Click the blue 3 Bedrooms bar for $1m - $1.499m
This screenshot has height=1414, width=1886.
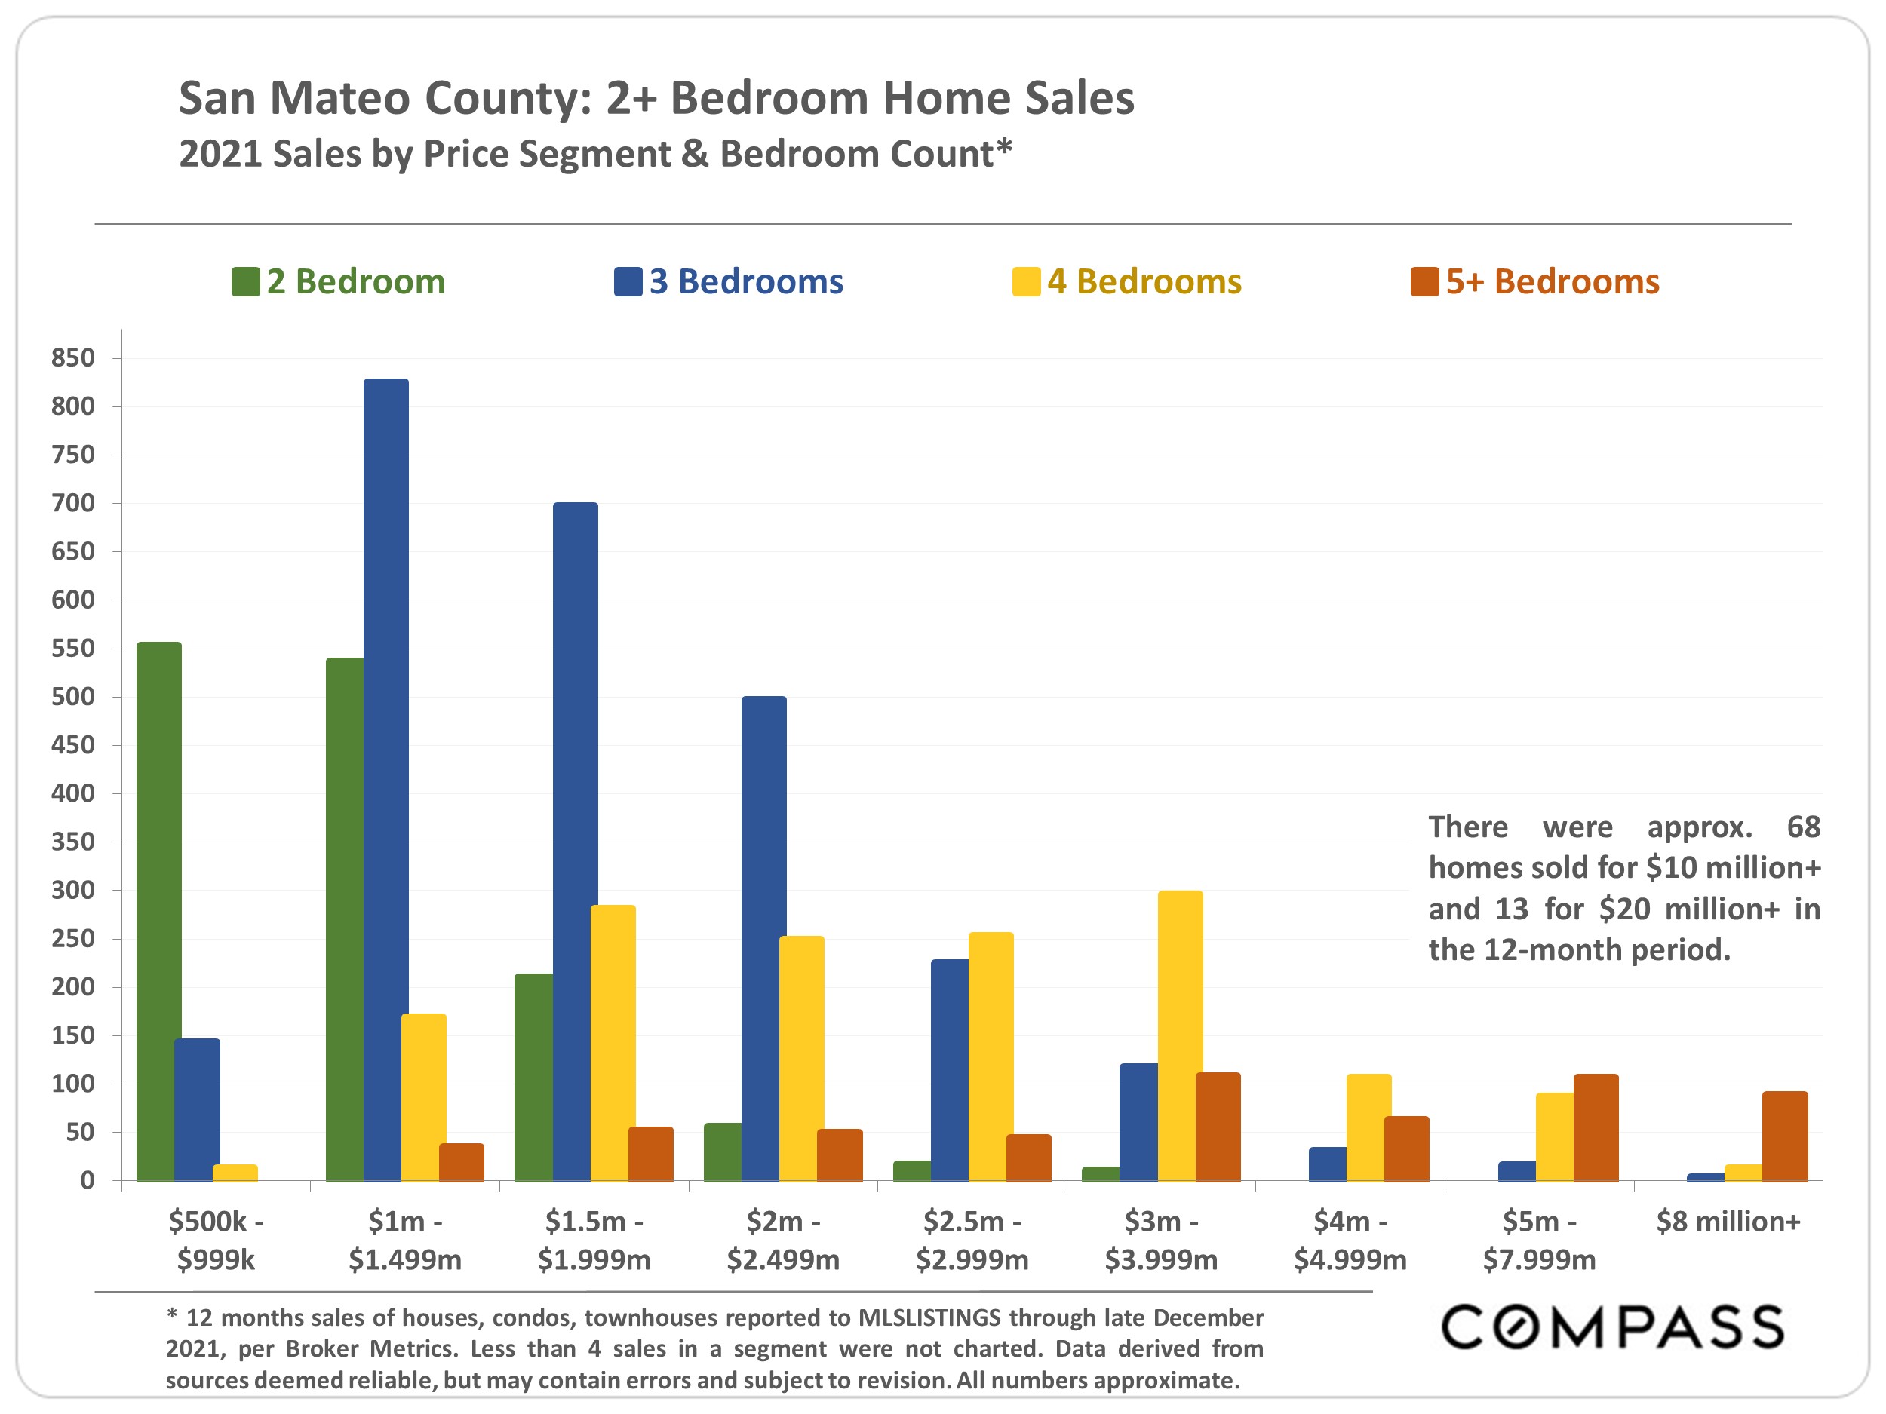click(x=385, y=780)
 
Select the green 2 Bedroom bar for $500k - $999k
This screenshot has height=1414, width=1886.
click(x=158, y=911)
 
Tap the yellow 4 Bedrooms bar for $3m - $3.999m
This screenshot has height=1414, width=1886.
click(x=1180, y=1035)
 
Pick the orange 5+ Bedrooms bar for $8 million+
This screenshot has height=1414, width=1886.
click(x=1785, y=1136)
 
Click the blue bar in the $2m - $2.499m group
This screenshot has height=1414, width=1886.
click(x=764, y=938)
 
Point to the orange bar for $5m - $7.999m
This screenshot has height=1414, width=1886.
click(x=1596, y=1127)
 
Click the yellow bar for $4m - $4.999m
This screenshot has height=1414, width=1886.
click(x=1368, y=1127)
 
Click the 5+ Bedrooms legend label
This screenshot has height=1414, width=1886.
click(x=1552, y=281)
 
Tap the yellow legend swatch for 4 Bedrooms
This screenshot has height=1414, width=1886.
click(x=1026, y=282)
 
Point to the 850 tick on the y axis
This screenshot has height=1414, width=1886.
click(x=72, y=358)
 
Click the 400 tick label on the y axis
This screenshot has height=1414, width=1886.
click(x=72, y=793)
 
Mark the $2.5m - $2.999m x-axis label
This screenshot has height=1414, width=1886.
click(x=972, y=1240)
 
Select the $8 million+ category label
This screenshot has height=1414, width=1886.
click(x=1728, y=1222)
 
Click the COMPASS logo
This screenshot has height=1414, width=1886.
click(x=1611, y=1327)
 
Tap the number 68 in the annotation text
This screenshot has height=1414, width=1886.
click(x=1803, y=827)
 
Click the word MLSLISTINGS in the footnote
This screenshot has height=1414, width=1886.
click(x=929, y=1317)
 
